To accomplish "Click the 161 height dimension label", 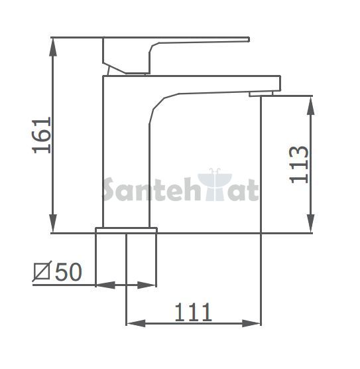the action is [42, 135].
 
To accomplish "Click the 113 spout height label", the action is [298, 165].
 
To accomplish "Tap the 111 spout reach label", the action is [194, 313].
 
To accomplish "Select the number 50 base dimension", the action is [68, 272].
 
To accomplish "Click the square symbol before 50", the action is [42, 271].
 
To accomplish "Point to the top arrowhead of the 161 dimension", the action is [53, 46].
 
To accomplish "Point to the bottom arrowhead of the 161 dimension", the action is [53, 224].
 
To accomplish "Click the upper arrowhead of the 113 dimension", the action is [311, 106].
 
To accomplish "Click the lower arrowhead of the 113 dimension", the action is [311, 223].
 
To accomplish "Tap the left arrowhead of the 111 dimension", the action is [136, 323].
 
